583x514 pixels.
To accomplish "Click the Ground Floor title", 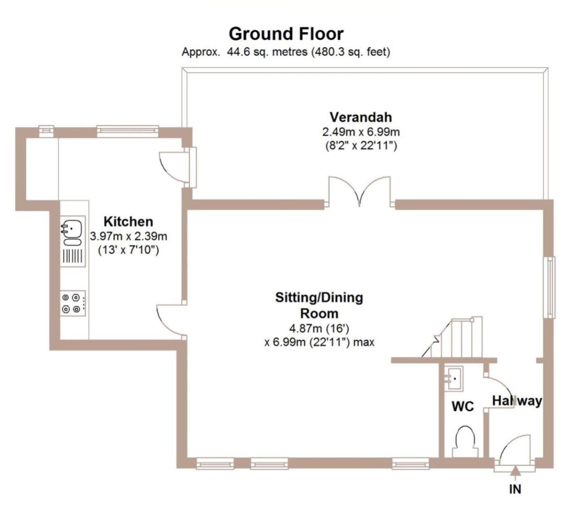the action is click(x=286, y=34).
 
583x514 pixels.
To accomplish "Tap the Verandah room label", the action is click(x=361, y=117).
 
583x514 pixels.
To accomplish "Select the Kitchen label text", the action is click(x=128, y=222).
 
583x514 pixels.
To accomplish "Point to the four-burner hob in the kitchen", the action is click(x=73, y=303).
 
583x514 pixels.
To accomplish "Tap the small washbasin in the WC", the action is click(x=453, y=378).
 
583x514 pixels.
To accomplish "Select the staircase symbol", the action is click(x=452, y=337).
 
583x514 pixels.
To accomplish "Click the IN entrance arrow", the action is click(x=516, y=474).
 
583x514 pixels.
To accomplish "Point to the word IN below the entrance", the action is click(x=515, y=489).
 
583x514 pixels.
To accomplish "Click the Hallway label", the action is click(x=517, y=401).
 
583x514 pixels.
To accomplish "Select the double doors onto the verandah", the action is click(x=359, y=191).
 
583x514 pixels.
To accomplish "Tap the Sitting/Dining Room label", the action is click(x=319, y=305).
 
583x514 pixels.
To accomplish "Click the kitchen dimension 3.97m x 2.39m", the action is click(x=128, y=236).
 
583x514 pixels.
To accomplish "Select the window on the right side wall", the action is click(x=549, y=287).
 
